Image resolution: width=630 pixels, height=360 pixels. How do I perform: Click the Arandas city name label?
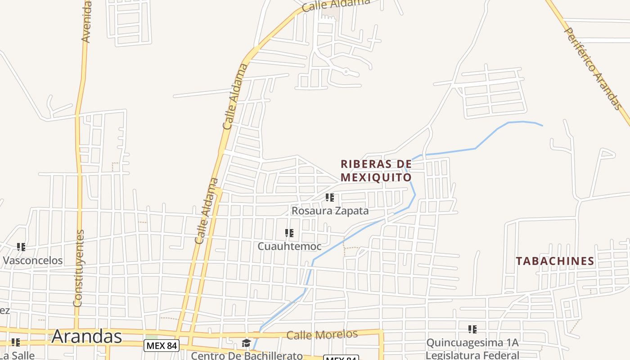tap(86, 336)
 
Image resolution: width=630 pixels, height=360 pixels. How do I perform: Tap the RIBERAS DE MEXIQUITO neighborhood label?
tap(376, 171)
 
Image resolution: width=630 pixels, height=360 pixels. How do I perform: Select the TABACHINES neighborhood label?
tap(555, 261)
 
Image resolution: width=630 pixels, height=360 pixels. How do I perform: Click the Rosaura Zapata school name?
tap(330, 211)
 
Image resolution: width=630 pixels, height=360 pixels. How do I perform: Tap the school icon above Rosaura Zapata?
tap(330, 197)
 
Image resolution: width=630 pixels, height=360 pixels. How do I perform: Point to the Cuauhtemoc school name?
tap(289, 247)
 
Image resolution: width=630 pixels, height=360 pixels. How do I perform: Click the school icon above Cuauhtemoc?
tap(289, 233)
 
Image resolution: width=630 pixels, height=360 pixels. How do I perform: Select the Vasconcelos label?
tap(33, 260)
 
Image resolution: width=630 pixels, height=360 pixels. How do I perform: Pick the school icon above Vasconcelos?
tap(21, 247)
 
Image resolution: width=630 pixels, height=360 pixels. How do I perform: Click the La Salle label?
tap(17, 355)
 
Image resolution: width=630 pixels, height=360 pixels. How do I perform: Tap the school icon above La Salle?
tap(16, 342)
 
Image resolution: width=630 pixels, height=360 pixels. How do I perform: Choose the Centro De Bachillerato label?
tap(247, 355)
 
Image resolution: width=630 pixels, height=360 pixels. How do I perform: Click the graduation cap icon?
tap(246, 343)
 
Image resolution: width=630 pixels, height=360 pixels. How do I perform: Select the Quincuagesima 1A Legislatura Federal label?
tap(472, 349)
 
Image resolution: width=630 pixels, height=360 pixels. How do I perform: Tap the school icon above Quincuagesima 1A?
tap(472, 329)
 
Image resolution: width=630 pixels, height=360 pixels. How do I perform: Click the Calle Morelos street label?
tap(322, 335)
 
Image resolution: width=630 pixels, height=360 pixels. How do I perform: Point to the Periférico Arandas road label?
tap(592, 69)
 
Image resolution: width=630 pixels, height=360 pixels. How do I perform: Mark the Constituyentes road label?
tap(79, 269)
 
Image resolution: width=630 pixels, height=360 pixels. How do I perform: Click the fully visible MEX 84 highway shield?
tap(162, 346)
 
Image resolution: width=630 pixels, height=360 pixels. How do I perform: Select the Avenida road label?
tap(87, 22)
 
